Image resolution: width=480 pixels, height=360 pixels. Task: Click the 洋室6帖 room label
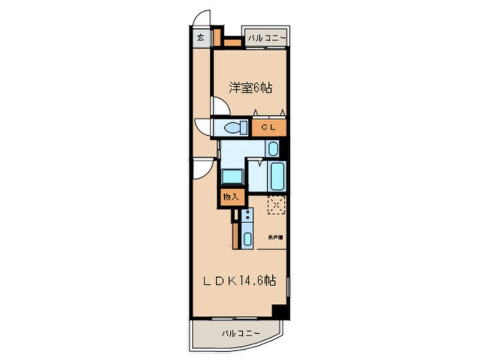coord(250,88)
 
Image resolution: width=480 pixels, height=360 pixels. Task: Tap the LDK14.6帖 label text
coord(240,281)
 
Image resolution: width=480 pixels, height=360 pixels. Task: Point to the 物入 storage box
coord(231,197)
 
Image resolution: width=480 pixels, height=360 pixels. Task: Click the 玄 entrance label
coord(201,38)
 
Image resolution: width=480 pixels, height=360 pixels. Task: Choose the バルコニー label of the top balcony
coord(266,39)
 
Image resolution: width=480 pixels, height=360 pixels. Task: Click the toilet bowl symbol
coord(233,127)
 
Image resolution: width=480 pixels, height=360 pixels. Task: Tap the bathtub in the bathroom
coord(276,177)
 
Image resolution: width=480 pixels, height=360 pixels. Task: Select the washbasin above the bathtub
coord(273,150)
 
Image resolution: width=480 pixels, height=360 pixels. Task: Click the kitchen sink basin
coord(247,239)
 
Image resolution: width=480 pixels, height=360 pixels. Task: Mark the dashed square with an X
coord(276,205)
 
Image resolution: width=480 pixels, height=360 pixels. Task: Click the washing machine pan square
coord(232,175)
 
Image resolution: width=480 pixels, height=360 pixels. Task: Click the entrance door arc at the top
coord(200,19)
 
